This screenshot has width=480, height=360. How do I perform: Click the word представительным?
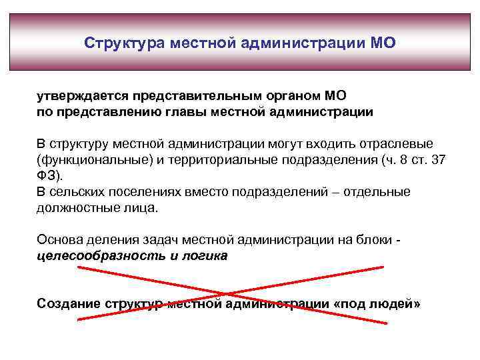coord(189,97)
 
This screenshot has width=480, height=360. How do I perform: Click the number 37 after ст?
coord(439,160)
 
